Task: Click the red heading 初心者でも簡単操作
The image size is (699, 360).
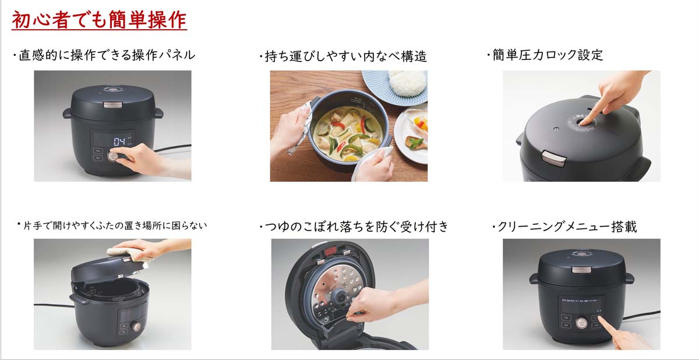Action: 99,20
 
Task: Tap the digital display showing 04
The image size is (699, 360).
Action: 120,142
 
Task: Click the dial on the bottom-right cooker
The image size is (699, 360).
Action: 581,323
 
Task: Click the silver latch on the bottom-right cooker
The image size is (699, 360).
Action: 580,270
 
